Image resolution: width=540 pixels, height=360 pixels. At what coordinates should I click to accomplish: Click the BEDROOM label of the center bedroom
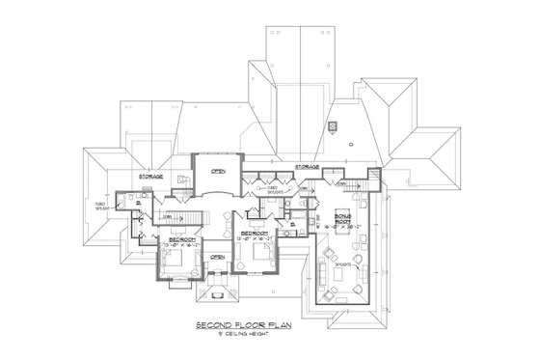tap(255, 233)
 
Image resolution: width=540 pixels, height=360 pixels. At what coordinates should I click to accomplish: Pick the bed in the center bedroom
tap(262, 255)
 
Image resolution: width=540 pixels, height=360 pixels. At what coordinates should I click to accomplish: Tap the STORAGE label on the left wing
tap(149, 177)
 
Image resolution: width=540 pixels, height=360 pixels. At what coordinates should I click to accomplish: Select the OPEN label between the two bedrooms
tap(218, 257)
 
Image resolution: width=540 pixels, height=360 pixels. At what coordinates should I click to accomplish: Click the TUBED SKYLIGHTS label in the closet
tap(275, 190)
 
